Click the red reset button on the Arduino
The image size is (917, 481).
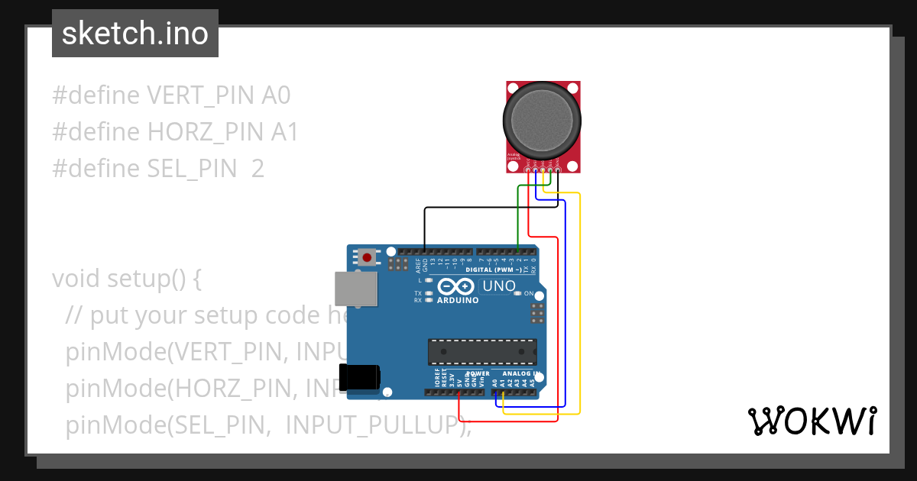367,257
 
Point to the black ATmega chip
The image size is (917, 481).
481,351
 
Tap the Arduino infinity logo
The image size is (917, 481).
456,287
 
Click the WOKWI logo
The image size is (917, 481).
811,421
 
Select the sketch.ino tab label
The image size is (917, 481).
134,34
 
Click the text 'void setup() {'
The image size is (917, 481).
127,279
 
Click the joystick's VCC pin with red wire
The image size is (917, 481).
528,169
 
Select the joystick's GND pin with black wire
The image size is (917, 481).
558,169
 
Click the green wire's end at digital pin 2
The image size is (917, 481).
519,251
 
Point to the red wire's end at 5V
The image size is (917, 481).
458,394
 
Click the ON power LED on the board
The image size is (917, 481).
517,293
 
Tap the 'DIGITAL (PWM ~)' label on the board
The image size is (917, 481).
494,270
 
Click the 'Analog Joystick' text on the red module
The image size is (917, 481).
513,157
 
